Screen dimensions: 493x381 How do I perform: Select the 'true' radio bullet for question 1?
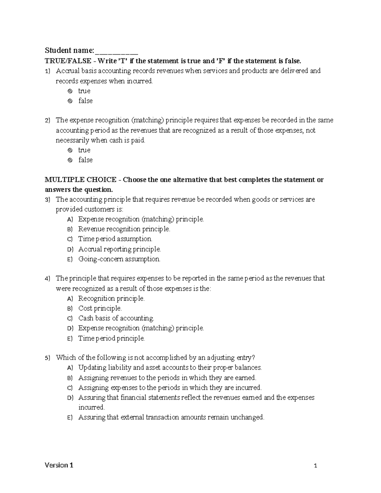(70, 91)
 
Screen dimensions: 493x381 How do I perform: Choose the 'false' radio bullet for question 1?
(70, 101)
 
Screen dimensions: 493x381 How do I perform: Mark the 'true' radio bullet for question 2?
(70, 150)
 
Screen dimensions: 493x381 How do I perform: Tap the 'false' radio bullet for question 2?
(70, 160)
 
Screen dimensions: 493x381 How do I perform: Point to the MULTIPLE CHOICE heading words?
(80, 180)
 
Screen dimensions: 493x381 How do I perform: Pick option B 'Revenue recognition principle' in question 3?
(124, 229)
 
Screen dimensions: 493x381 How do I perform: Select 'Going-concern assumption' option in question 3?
(119, 259)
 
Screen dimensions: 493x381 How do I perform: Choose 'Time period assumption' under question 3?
(115, 239)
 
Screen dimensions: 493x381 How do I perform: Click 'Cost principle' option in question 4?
(100, 308)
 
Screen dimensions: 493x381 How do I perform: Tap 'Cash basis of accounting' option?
(116, 318)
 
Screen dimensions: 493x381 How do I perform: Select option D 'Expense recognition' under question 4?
(141, 328)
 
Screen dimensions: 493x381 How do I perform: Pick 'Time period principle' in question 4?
(111, 338)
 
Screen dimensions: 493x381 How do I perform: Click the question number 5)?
(47, 358)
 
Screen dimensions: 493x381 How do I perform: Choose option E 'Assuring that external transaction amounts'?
(171, 417)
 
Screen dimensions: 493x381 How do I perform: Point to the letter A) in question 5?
(70, 368)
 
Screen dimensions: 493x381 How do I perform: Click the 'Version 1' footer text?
(59, 465)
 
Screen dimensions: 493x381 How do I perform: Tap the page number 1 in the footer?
(315, 466)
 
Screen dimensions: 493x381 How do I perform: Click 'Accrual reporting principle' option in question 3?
(119, 249)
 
